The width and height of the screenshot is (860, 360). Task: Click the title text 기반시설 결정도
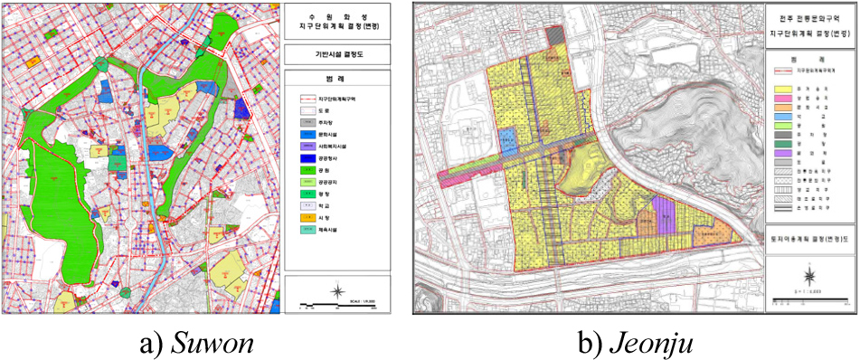click(337, 54)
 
